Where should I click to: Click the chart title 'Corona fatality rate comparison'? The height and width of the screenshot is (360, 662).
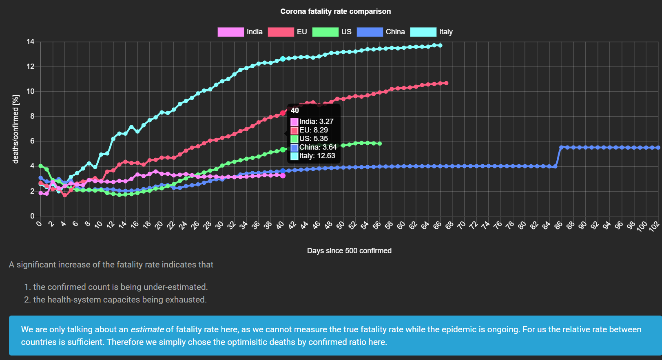click(335, 11)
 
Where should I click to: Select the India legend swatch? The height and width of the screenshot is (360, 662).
click(230, 32)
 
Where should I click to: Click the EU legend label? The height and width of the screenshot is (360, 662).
click(302, 32)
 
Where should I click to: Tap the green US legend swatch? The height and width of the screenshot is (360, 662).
click(325, 32)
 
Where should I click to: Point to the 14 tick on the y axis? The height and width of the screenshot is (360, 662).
click(31, 42)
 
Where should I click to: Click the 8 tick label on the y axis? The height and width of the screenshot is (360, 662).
click(32, 116)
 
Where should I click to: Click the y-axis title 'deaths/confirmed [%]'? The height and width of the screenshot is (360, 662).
click(16, 129)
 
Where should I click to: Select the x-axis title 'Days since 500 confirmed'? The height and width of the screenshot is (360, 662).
click(349, 251)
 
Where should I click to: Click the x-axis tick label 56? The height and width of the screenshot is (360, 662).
click(376, 225)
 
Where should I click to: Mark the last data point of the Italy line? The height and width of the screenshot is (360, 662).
click(440, 45)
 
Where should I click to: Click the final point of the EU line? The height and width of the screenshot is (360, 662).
click(446, 83)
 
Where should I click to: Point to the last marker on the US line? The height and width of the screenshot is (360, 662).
click(380, 144)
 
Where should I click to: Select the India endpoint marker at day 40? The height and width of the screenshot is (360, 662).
click(283, 176)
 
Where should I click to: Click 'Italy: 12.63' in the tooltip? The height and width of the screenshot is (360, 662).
click(317, 156)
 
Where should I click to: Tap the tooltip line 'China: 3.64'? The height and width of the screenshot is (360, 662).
click(318, 147)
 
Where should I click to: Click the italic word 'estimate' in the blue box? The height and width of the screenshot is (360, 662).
click(147, 329)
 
